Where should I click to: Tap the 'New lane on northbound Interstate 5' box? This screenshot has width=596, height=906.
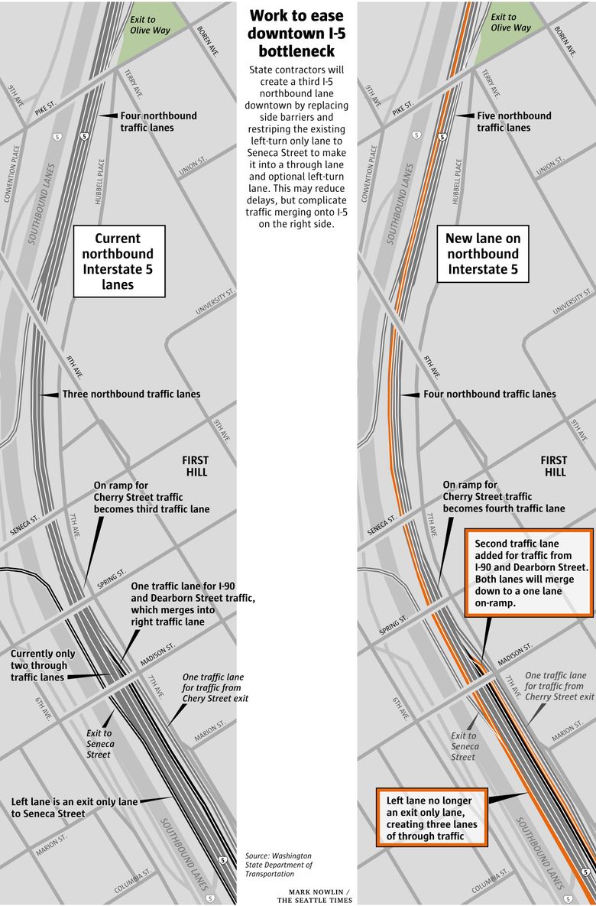481,254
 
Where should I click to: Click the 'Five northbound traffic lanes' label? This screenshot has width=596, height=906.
513,122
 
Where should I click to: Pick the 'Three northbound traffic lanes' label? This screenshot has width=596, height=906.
131,395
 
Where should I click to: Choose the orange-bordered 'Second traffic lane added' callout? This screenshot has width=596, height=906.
528,573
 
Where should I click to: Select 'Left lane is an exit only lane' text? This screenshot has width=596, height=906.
74,807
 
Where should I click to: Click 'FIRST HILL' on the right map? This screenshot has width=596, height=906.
553,466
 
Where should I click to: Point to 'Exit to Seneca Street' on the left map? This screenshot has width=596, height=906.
100,744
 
